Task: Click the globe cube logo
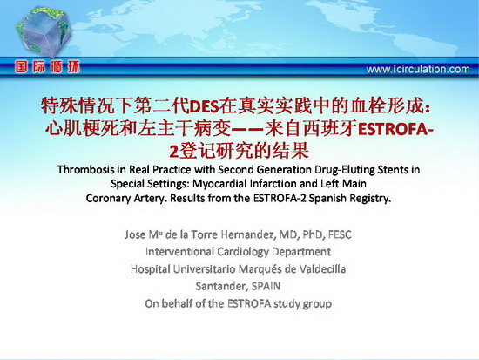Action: coord(44,33)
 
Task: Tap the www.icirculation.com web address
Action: coord(418,69)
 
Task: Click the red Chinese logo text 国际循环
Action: coord(47,67)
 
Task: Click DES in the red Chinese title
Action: coord(204,106)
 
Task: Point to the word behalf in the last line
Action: coord(177,303)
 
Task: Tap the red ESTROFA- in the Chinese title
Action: coord(396,129)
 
